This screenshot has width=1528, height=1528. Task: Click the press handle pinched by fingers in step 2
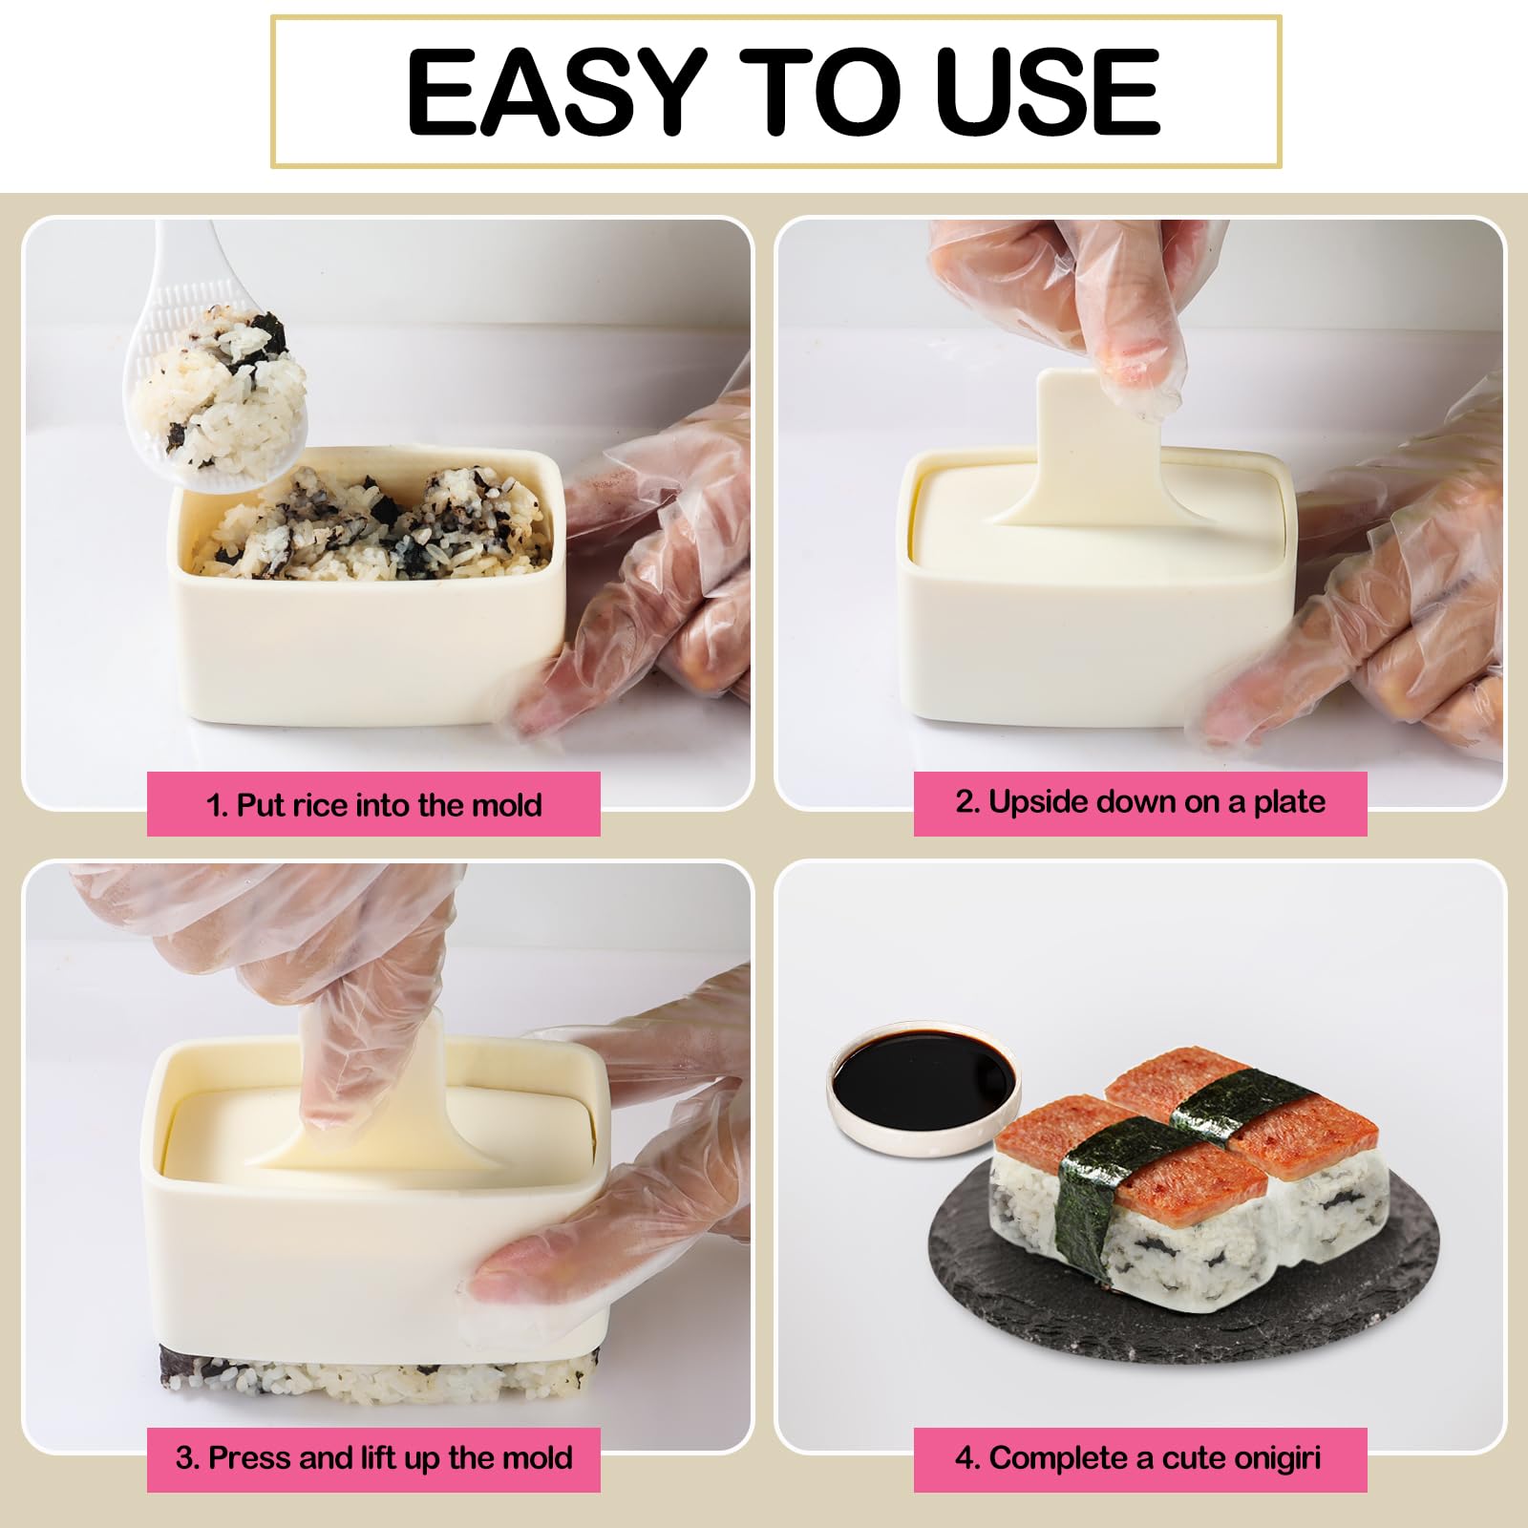coord(1079,439)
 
